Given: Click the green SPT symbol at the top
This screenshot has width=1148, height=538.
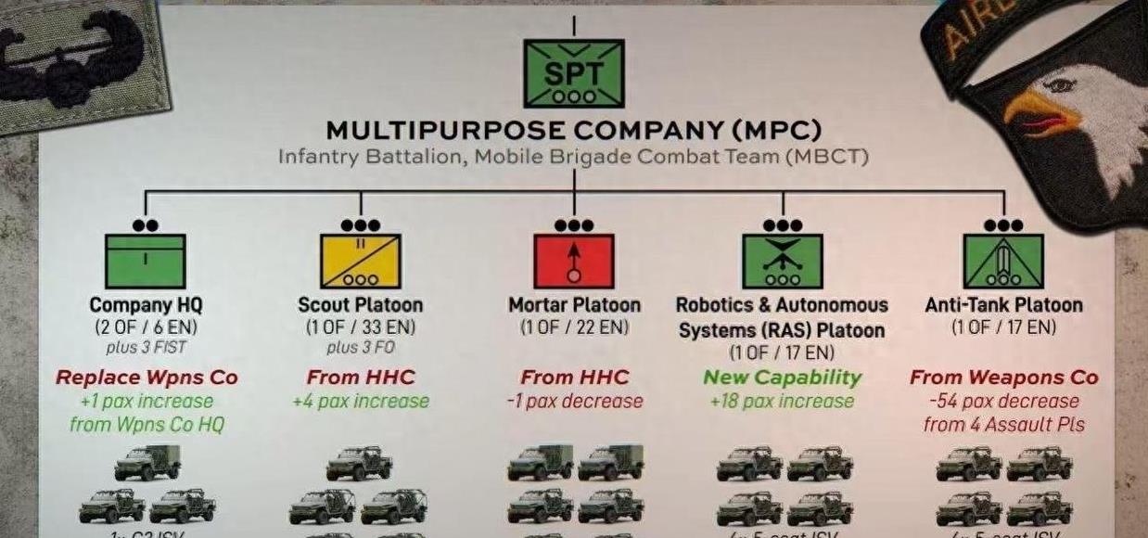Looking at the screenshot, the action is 573,72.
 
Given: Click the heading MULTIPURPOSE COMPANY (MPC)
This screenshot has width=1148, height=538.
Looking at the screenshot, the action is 573,130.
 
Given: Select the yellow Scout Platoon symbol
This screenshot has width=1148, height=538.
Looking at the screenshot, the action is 360,261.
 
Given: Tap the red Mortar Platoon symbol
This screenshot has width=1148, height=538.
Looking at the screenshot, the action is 574,261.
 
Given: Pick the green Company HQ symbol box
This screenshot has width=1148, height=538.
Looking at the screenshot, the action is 146,261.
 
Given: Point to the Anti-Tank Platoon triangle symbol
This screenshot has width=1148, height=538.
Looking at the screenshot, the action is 1003,261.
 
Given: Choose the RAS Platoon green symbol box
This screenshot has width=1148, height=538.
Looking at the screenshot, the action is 782,261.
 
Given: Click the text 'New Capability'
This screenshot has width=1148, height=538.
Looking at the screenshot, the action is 782,378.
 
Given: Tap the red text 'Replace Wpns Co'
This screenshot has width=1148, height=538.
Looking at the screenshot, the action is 147,378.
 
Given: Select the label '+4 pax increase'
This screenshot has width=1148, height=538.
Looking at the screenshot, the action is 360,402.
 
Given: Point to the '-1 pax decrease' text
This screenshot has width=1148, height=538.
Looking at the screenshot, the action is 574,402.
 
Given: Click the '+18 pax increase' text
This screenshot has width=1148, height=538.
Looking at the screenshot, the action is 782,402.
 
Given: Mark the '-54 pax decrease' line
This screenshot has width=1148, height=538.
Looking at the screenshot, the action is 1003,402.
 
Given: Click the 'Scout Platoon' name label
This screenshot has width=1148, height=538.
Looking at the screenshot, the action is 360,305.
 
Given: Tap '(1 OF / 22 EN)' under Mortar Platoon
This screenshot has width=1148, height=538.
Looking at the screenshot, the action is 574,327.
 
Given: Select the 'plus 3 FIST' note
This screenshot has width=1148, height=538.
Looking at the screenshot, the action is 146,348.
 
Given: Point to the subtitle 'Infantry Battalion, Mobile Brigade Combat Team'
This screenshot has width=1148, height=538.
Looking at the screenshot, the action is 573,156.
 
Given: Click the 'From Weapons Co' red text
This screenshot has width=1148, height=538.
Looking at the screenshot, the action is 1003,378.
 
